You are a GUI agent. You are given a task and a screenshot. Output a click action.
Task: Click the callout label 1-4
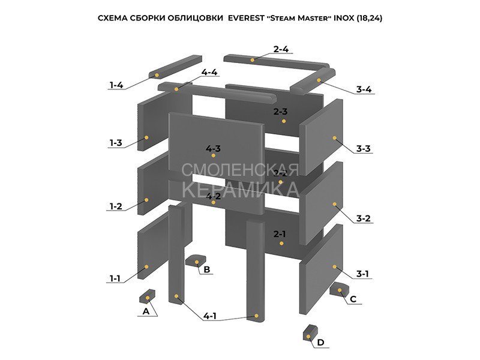coord(116,85)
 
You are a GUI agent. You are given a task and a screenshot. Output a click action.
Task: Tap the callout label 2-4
coord(281,49)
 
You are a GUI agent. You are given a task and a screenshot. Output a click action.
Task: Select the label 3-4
coord(364,89)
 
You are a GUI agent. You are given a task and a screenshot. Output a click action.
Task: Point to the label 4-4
coord(209,72)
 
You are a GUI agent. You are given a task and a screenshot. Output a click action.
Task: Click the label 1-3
coord(116,143)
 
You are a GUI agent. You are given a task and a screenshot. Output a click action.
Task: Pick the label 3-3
coord(363,148)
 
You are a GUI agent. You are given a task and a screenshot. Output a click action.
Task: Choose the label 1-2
coord(116,206)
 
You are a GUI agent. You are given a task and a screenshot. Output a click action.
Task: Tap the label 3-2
coord(363,218)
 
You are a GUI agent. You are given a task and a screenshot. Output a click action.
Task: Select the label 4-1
coord(210,316)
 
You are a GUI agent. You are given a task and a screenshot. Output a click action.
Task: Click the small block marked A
coord(147,296)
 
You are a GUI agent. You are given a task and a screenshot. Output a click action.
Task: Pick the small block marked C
coord(338,289)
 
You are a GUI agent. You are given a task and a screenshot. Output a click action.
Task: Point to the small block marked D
coord(310,332)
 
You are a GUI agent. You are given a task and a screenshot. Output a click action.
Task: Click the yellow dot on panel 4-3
coord(213,155)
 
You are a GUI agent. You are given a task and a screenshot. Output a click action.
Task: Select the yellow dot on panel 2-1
coord(280,243)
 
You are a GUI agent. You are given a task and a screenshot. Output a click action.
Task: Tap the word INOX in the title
coord(343,19)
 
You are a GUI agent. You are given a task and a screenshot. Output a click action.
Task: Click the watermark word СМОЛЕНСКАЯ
coord(239,170)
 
